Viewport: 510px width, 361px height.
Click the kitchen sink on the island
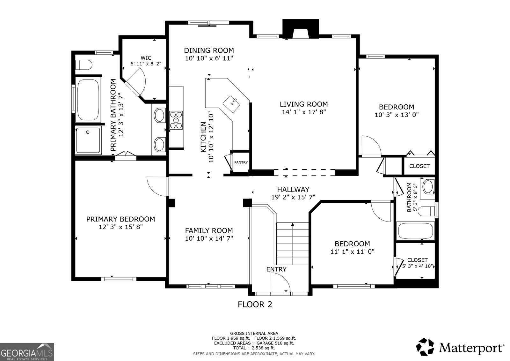(x=232, y=103)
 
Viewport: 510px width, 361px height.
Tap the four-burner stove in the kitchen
(x=176, y=120)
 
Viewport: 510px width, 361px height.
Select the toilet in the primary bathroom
(x=84, y=65)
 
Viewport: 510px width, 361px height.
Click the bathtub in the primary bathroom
(x=88, y=100)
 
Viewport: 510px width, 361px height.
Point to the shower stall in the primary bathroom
(x=88, y=140)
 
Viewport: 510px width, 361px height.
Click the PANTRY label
(x=241, y=162)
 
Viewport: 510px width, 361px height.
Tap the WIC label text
(x=146, y=58)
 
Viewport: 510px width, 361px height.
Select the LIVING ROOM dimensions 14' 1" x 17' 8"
(x=304, y=112)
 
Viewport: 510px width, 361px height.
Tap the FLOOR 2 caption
(x=255, y=305)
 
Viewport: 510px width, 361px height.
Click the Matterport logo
(x=460, y=347)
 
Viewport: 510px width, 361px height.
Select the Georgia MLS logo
(x=27, y=352)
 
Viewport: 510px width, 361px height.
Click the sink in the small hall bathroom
(x=428, y=187)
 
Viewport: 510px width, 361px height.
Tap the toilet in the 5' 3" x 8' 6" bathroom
(x=426, y=211)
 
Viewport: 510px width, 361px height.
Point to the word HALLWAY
(x=293, y=190)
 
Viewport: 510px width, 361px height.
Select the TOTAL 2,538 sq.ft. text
(x=254, y=348)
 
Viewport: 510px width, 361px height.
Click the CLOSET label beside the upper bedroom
(x=419, y=166)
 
